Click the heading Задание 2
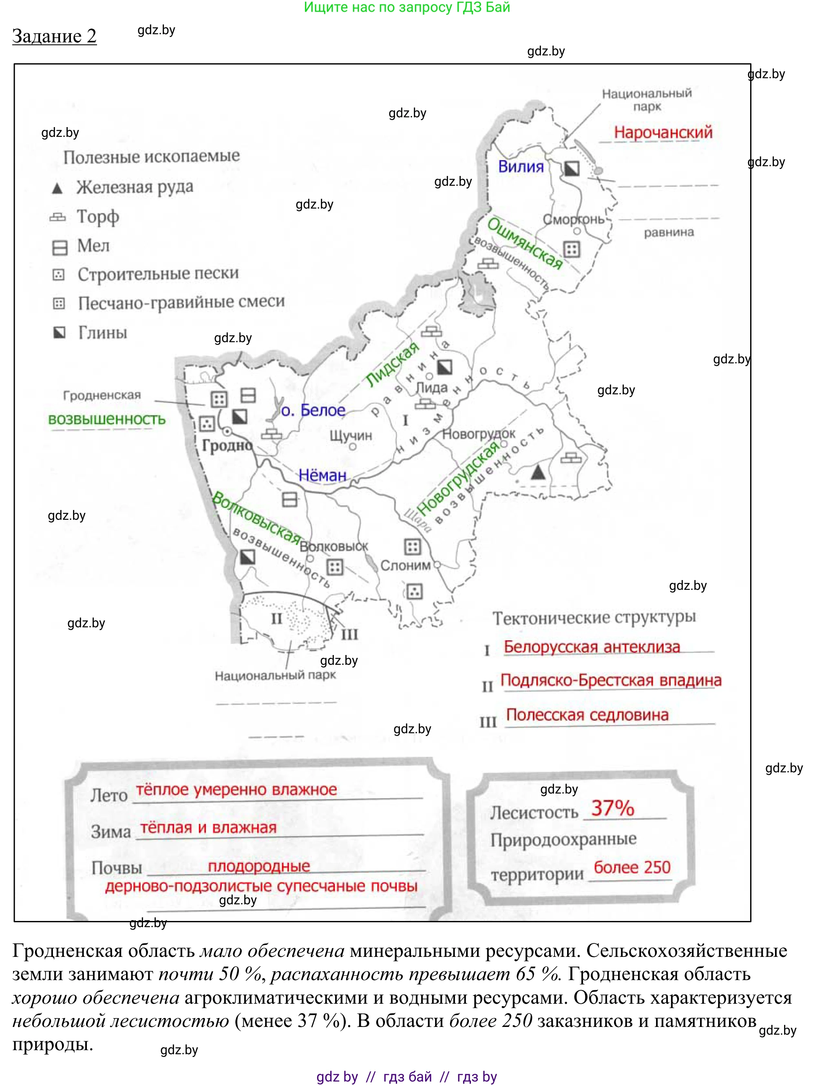[x=54, y=36]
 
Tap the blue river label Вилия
[x=521, y=167]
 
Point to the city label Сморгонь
[x=573, y=219]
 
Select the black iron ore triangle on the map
[x=538, y=472]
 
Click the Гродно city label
[x=227, y=446]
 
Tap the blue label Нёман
[x=322, y=475]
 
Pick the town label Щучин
[x=351, y=435]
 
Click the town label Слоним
[x=405, y=565]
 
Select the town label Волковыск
[x=334, y=546]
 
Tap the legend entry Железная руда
[x=135, y=187]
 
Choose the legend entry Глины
[x=103, y=333]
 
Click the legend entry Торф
[x=98, y=217]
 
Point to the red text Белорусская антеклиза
[x=592, y=647]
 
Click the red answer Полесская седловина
[x=587, y=715]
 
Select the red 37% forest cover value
[x=613, y=808]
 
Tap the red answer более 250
[x=632, y=868]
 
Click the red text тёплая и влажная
[x=209, y=828]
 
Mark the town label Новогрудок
[x=479, y=434]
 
